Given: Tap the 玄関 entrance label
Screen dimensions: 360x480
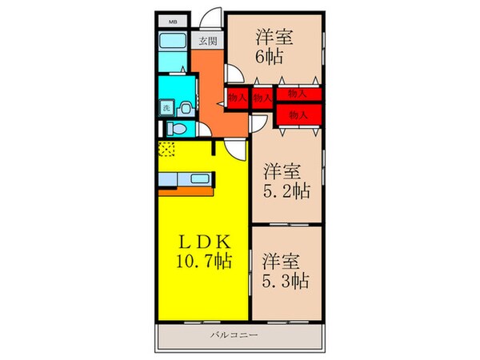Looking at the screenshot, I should (208, 42).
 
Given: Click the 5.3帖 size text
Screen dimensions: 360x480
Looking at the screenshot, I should (286, 281).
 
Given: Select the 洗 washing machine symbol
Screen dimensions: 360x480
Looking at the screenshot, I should (167, 107).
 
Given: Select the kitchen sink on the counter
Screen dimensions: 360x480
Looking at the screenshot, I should (198, 178).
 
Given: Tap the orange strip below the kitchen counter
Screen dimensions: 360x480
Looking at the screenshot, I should (185, 191).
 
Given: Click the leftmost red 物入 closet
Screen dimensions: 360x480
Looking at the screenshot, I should (237, 98).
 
